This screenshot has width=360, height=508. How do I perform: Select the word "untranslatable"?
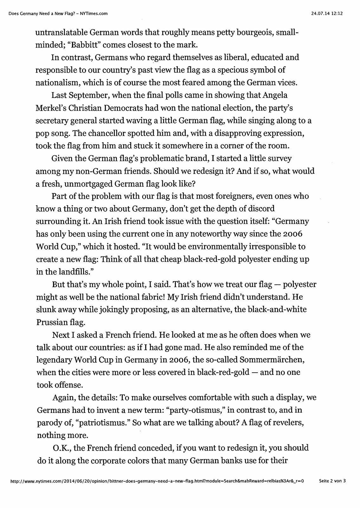(60, 32)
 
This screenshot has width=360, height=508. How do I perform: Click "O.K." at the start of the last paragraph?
(61, 448)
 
